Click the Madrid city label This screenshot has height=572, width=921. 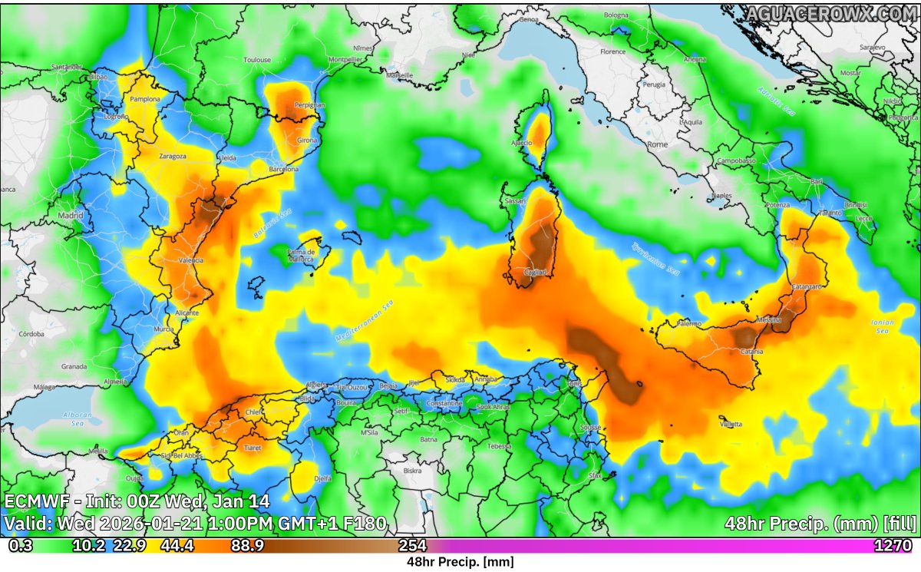[x=71, y=216]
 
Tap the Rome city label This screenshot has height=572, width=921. [x=658, y=144]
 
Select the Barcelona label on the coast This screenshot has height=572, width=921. [x=283, y=169]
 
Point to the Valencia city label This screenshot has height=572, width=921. [x=190, y=260]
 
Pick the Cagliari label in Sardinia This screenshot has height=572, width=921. [x=535, y=272]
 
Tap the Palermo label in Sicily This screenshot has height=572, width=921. [x=688, y=323]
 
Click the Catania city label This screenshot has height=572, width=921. [x=751, y=351]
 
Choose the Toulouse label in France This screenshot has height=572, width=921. [x=256, y=59]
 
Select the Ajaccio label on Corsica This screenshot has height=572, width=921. [x=521, y=144]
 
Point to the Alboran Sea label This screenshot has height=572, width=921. [x=78, y=418]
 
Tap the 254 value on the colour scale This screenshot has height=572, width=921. [x=412, y=546]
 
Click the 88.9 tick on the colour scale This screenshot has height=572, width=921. [x=247, y=546]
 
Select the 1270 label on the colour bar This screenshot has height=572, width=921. [x=893, y=546]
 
